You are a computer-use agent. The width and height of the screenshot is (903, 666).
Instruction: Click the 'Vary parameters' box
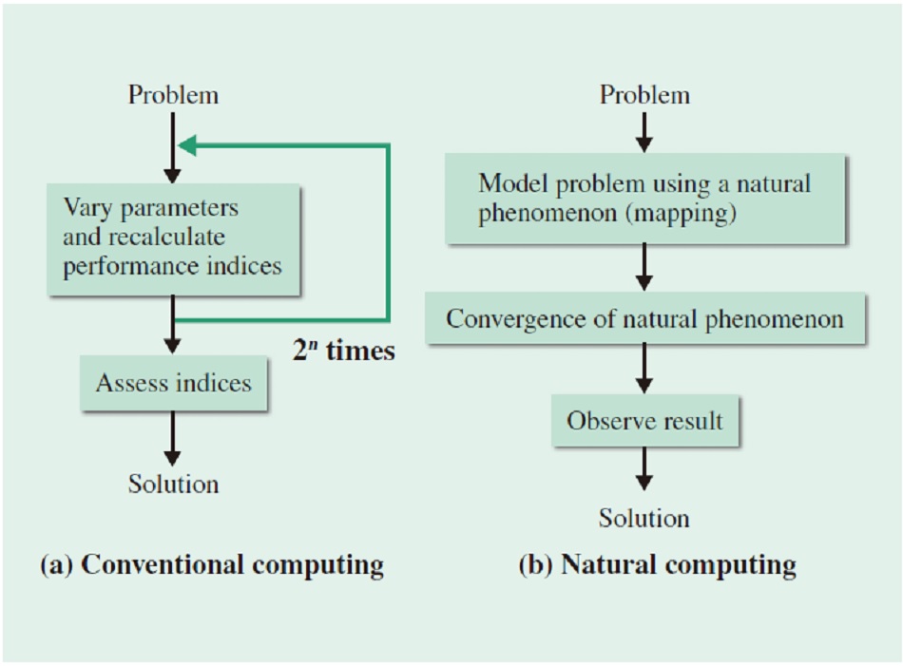point(173,239)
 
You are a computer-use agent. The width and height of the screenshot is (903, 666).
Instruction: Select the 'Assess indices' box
point(173,383)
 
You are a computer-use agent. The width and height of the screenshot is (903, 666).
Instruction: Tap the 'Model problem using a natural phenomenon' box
point(645,199)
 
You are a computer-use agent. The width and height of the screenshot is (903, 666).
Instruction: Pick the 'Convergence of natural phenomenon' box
point(645,318)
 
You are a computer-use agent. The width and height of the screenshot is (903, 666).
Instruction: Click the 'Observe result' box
point(645,421)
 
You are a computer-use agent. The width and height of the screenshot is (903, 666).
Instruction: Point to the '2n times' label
point(344,351)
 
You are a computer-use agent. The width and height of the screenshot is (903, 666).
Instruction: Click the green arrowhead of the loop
point(187,145)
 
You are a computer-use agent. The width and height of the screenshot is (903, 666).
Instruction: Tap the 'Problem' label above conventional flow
point(173,95)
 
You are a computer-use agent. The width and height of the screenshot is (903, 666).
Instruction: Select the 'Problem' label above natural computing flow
point(645,95)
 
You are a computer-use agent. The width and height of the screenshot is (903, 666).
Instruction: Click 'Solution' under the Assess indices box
point(173,485)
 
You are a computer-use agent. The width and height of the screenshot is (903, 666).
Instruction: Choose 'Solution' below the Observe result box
point(644,518)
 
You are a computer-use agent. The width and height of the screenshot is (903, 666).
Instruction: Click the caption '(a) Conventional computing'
point(212,564)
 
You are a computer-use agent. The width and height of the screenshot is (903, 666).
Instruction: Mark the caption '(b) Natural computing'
point(658,564)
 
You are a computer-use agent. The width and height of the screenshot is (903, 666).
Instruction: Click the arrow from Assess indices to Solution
point(173,438)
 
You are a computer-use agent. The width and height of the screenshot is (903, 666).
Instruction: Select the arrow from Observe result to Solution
point(644,468)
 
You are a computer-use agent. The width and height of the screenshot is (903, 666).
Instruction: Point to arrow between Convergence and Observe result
point(644,369)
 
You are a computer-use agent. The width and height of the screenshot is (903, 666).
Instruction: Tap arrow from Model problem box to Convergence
point(644,267)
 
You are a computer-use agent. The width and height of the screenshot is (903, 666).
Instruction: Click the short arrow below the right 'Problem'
point(644,132)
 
